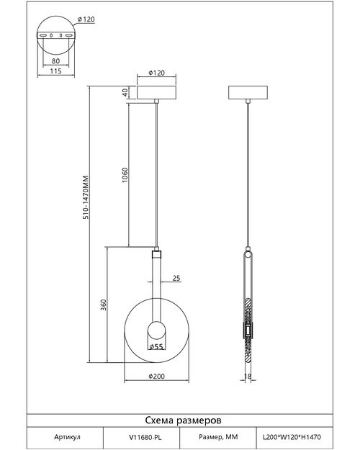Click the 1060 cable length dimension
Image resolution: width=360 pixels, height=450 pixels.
pyautogui.click(x=125, y=176)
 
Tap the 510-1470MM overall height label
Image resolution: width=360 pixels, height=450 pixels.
pyautogui.click(x=86, y=197)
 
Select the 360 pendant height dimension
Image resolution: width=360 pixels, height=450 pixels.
pyautogui.click(x=104, y=305)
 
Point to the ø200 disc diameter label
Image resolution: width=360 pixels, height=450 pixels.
pyautogui.click(x=157, y=377)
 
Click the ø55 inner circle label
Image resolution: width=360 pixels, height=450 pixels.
pyautogui.click(x=156, y=347)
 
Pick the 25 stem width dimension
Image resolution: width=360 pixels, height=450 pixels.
pyautogui.click(x=176, y=278)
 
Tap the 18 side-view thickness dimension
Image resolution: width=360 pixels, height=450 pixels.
pyautogui.click(x=248, y=376)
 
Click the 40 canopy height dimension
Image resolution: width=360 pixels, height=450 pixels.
pyautogui.click(x=125, y=92)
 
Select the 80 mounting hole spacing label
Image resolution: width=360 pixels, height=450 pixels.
pyautogui.click(x=55, y=61)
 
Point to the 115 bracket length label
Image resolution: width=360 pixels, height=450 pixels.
pyautogui.click(x=55, y=71)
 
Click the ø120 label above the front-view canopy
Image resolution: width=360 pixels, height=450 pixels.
pyautogui.click(x=157, y=73)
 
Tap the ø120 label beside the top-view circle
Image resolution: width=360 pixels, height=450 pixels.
pyautogui.click(x=86, y=19)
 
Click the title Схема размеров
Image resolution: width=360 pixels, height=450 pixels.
pyautogui.click(x=183, y=420)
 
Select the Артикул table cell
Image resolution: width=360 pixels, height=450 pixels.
pyautogui.click(x=67, y=437)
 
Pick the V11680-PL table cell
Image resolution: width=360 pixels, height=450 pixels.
pyautogui.click(x=145, y=437)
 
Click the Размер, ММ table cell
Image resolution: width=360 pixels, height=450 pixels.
pyautogui.click(x=218, y=437)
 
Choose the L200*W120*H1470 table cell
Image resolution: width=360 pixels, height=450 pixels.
pyautogui.click(x=292, y=437)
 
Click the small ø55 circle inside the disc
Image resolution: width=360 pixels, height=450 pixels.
pyautogui.click(x=156, y=330)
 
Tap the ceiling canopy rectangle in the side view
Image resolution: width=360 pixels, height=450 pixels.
pyautogui.click(x=248, y=92)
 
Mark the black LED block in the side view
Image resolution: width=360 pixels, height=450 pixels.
pyautogui.click(x=248, y=330)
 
